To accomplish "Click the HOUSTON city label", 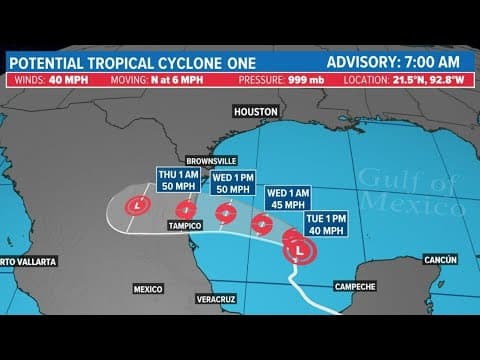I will (x=255, y=112).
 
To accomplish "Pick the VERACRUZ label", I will (x=214, y=299).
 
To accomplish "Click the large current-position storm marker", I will (x=299, y=250).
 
